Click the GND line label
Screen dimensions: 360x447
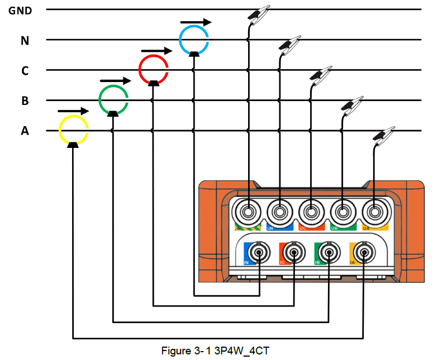coord(20,10)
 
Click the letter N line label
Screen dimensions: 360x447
coord(25,40)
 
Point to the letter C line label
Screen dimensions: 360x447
coord(25,71)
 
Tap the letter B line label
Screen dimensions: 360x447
coord(25,101)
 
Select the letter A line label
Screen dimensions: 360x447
coord(25,131)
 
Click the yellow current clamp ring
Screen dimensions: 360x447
coord(73,129)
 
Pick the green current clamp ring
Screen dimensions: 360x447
coord(113,99)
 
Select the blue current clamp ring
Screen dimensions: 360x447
coord(193,39)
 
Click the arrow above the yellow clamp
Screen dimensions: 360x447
coord(73,111)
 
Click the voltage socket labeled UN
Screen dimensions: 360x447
coord(279,213)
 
